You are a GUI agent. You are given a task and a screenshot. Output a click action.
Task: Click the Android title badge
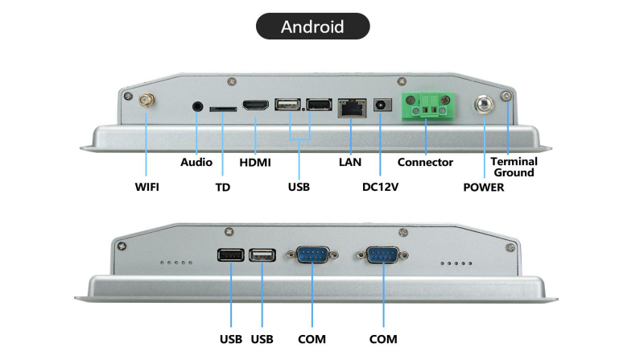(x=312, y=27)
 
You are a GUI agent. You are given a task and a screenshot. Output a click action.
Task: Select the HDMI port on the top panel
(x=255, y=106)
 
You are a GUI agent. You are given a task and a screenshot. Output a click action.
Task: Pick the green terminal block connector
(x=427, y=106)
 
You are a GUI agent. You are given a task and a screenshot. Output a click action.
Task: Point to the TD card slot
(x=222, y=107)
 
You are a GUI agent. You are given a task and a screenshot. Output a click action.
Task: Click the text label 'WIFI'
(x=146, y=187)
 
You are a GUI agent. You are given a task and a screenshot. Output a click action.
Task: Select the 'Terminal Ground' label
(x=514, y=167)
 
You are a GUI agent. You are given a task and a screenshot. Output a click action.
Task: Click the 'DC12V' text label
(x=381, y=187)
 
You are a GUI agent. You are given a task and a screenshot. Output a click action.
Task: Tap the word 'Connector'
(x=425, y=162)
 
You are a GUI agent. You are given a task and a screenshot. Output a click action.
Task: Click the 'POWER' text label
(x=484, y=188)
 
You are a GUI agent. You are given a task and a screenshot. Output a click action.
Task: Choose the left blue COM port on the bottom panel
(x=312, y=254)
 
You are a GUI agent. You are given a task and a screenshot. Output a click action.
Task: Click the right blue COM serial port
(x=383, y=254)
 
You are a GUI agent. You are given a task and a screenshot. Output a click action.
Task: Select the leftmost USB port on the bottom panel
(x=230, y=254)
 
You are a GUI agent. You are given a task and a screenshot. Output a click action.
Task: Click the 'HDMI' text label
(x=255, y=162)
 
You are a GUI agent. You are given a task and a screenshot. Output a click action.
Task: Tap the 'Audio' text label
(x=196, y=162)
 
